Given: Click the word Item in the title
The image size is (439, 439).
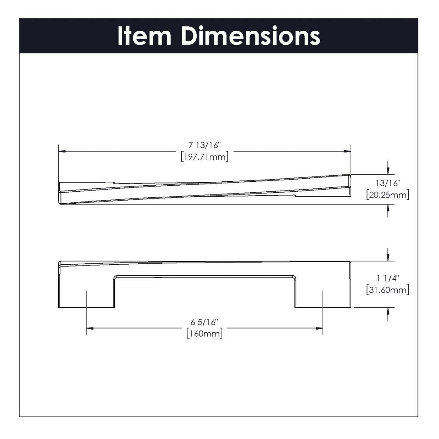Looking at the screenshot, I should click(x=144, y=36).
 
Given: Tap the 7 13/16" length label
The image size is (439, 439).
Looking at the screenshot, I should click(x=205, y=146).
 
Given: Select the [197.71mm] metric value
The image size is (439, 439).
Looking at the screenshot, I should click(x=205, y=157).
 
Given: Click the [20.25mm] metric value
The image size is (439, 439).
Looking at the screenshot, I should click(x=387, y=195).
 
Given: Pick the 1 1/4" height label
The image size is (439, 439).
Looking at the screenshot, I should click(x=387, y=278).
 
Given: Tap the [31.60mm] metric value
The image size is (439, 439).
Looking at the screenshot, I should click(x=387, y=290).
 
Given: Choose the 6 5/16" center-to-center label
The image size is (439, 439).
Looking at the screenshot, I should click(x=205, y=322).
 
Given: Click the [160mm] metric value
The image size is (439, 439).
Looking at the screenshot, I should click(x=205, y=334).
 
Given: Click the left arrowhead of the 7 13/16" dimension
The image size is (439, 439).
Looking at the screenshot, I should click(x=62, y=151).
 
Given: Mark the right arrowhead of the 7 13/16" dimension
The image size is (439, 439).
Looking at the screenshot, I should click(x=347, y=151).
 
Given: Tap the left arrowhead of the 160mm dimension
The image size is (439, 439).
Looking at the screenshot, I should click(x=90, y=328).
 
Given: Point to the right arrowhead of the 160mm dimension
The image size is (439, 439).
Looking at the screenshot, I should click(x=320, y=328).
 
